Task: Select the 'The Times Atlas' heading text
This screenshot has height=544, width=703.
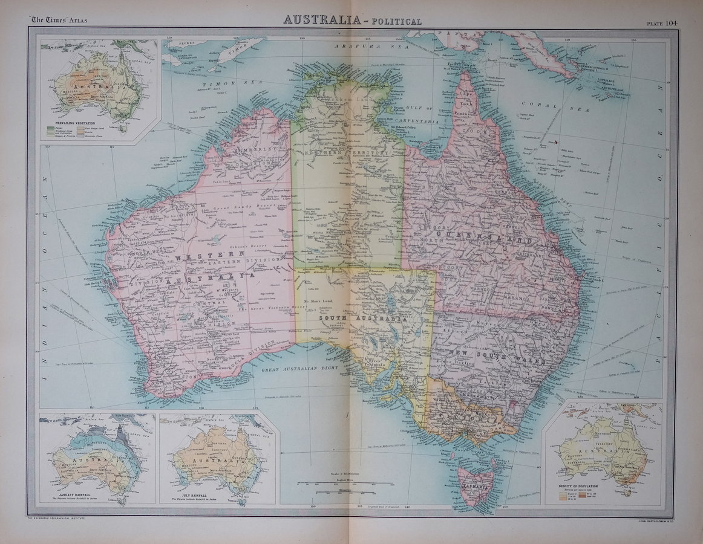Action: tap(58, 21)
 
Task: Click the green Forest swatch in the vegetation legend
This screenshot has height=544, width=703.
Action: tap(50, 128)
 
